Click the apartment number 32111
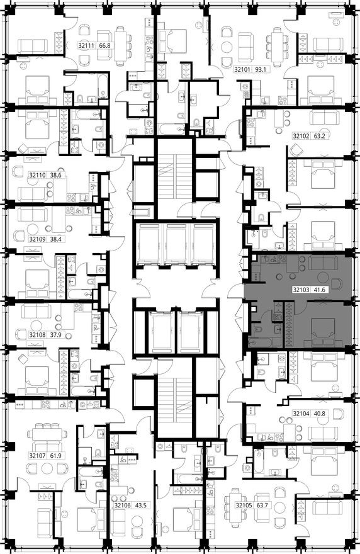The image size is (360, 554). coord(87,46)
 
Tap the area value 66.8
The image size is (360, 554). coord(106,46)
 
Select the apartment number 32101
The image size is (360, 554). coord(244,70)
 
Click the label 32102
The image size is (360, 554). coord(303,135)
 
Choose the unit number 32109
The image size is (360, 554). coord(39,239)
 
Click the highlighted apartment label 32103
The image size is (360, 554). coord(302,291)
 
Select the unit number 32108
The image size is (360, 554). coord(39,335)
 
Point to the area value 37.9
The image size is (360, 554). coord(58,335)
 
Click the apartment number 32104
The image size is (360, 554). coord(303,415)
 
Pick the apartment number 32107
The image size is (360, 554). coord(39,455)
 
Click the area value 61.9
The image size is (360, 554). coord(58,455)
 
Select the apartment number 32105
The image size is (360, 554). coord(245,505)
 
